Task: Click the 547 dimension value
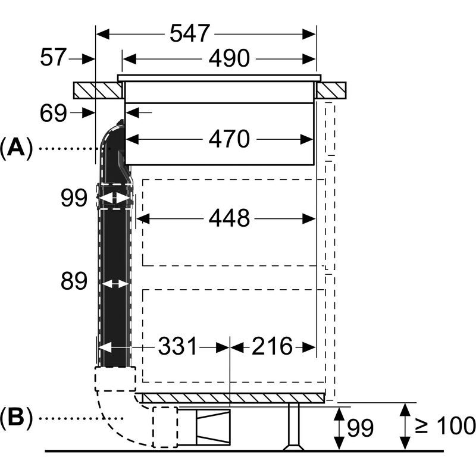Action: coord(190,33)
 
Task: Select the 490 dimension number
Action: coord(228,58)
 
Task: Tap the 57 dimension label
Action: coord(52,58)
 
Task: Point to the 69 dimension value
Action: coord(54,113)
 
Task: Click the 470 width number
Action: coord(229,139)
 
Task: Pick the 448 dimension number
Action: coord(229,219)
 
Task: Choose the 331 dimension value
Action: coord(177,346)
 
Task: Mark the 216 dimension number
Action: coord(271,346)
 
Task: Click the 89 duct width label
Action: coord(74,282)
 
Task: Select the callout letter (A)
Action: coord(16,147)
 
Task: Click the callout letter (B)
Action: coord(16,418)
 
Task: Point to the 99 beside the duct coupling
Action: coord(74,198)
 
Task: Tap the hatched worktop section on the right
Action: coord(331,90)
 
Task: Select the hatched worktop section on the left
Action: coord(98,90)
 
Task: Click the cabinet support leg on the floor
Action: coord(293,427)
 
